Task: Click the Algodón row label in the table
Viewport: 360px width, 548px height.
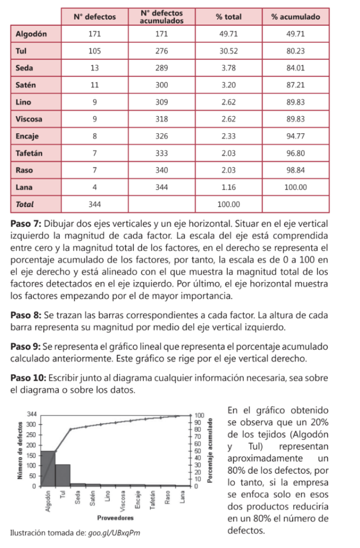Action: pos(29,34)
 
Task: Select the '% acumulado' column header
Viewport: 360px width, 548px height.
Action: pos(295,17)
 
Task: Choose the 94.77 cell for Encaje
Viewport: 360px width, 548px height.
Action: pos(295,136)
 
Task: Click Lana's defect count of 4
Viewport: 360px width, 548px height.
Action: pos(95,187)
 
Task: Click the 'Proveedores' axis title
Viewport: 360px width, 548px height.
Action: pos(116,518)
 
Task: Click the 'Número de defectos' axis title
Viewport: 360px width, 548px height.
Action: pos(20,450)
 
